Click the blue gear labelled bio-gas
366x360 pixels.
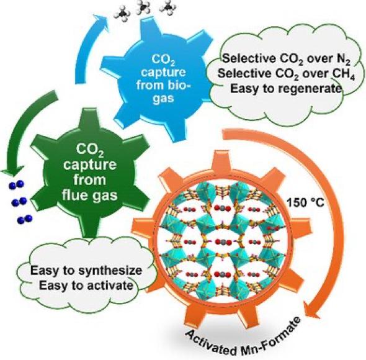(x=161, y=79)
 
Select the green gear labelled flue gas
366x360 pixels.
(x=90, y=173)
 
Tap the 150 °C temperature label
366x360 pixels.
(x=305, y=203)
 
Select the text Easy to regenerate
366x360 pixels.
(x=286, y=89)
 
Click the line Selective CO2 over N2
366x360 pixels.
(x=287, y=59)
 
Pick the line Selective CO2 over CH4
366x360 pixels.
(x=286, y=74)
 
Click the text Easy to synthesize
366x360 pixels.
(x=86, y=271)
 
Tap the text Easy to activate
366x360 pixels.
(x=86, y=286)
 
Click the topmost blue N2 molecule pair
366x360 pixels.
(x=17, y=185)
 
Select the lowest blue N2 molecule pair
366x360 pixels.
(x=25, y=219)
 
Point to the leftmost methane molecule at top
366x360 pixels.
(x=122, y=14)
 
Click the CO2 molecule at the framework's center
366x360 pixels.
(x=221, y=242)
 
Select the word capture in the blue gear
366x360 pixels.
(x=163, y=72)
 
